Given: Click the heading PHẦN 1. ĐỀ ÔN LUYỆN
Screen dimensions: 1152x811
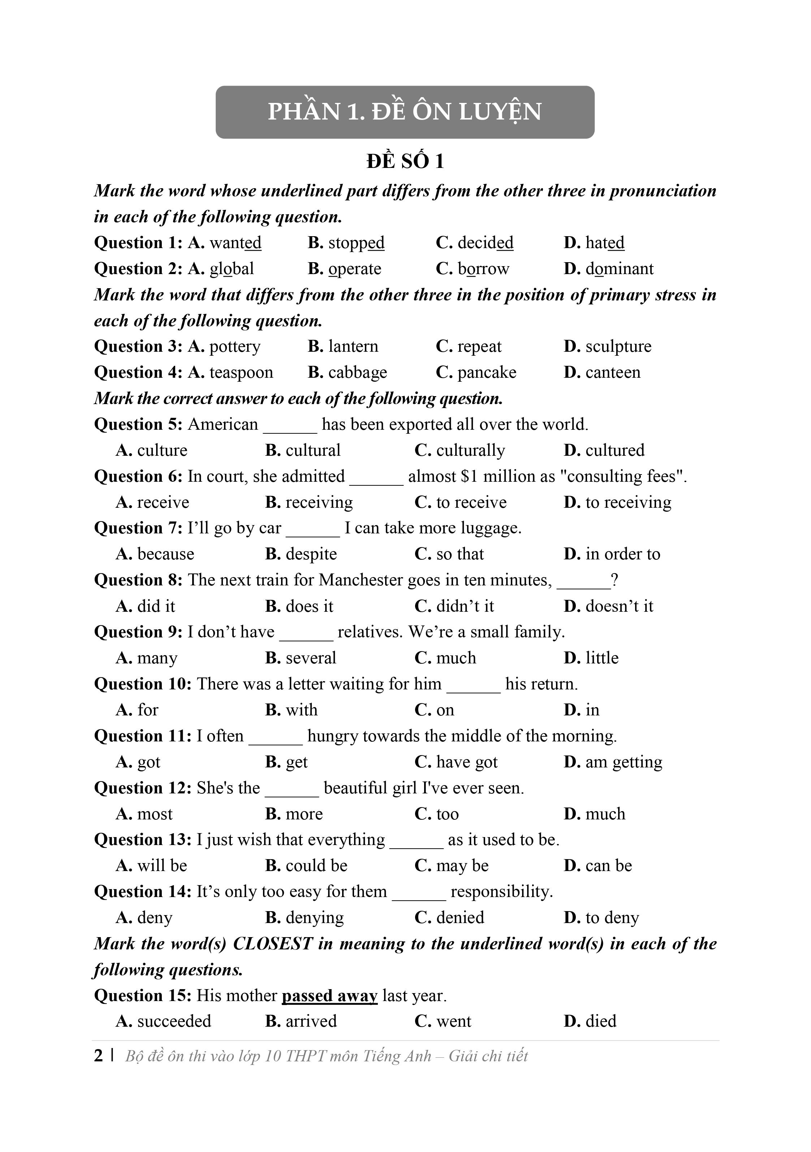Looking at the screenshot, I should coord(405,111).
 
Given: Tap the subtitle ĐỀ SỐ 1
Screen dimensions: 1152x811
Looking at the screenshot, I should coord(405,161).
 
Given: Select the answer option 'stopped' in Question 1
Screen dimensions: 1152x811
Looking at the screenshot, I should coord(356,243).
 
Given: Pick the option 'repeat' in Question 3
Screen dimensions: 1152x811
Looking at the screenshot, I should coord(479,347).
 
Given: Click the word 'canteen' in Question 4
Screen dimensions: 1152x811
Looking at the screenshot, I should coord(612,373).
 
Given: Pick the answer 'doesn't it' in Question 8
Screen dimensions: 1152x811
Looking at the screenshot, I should coord(619,606).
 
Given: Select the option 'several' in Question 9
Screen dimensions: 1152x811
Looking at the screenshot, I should coord(311,658).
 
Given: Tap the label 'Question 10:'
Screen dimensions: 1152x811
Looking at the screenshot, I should coord(143,684).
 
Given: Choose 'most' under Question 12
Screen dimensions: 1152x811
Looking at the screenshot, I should coord(155,814).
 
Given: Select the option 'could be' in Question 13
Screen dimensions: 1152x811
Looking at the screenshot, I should coord(316,866).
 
